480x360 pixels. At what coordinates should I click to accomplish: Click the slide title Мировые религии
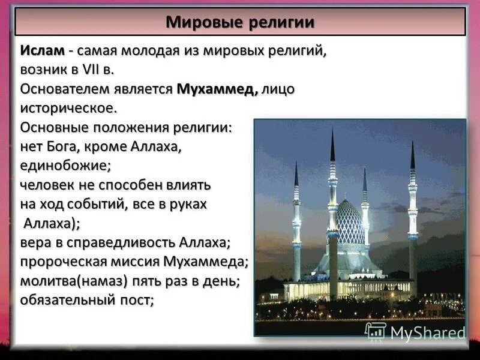240,23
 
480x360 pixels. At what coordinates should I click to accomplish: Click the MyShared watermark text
427,333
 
